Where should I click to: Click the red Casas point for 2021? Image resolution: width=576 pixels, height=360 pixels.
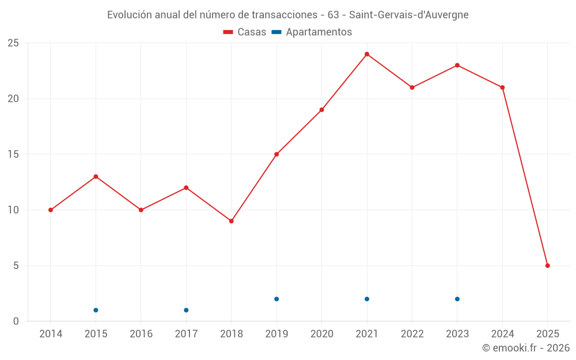(x=367, y=54)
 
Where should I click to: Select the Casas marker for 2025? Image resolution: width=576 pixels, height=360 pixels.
(x=548, y=266)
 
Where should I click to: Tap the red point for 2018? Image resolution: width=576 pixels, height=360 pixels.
(x=231, y=221)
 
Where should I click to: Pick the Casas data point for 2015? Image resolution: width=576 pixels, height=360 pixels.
(x=96, y=177)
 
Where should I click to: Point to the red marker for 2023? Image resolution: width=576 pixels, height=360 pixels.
(x=457, y=65)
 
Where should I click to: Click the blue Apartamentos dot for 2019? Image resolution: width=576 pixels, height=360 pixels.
(x=276, y=299)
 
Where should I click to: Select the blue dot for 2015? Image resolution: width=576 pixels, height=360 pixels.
(x=96, y=310)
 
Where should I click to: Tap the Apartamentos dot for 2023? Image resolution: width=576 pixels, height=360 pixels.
(x=457, y=299)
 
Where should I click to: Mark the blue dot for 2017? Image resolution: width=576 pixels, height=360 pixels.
(x=186, y=310)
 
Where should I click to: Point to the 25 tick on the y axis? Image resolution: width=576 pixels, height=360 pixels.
(x=13, y=43)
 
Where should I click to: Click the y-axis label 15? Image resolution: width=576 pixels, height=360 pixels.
(x=13, y=154)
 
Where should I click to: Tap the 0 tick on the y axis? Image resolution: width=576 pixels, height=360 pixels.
(x=16, y=321)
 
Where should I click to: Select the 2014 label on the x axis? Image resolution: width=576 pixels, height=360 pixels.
(x=51, y=334)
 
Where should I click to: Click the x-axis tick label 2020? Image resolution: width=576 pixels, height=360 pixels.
(x=322, y=334)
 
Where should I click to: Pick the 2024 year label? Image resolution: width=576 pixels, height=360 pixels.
(x=503, y=334)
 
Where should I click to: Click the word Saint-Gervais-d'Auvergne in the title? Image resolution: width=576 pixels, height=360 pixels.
(x=409, y=14)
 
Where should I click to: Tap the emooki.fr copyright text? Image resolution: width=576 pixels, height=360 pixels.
(x=526, y=348)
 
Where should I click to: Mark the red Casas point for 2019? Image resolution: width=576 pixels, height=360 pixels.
(x=276, y=154)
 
